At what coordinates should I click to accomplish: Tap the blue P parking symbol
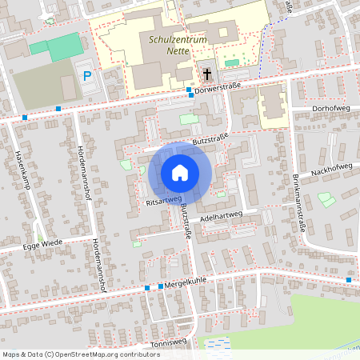pyautogui.click(x=87, y=76)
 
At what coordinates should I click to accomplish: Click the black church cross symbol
pyautogui.click(x=207, y=74)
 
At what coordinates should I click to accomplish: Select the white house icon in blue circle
pyautogui.click(x=180, y=173)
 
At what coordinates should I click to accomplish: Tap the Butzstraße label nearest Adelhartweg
pyautogui.click(x=186, y=221)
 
